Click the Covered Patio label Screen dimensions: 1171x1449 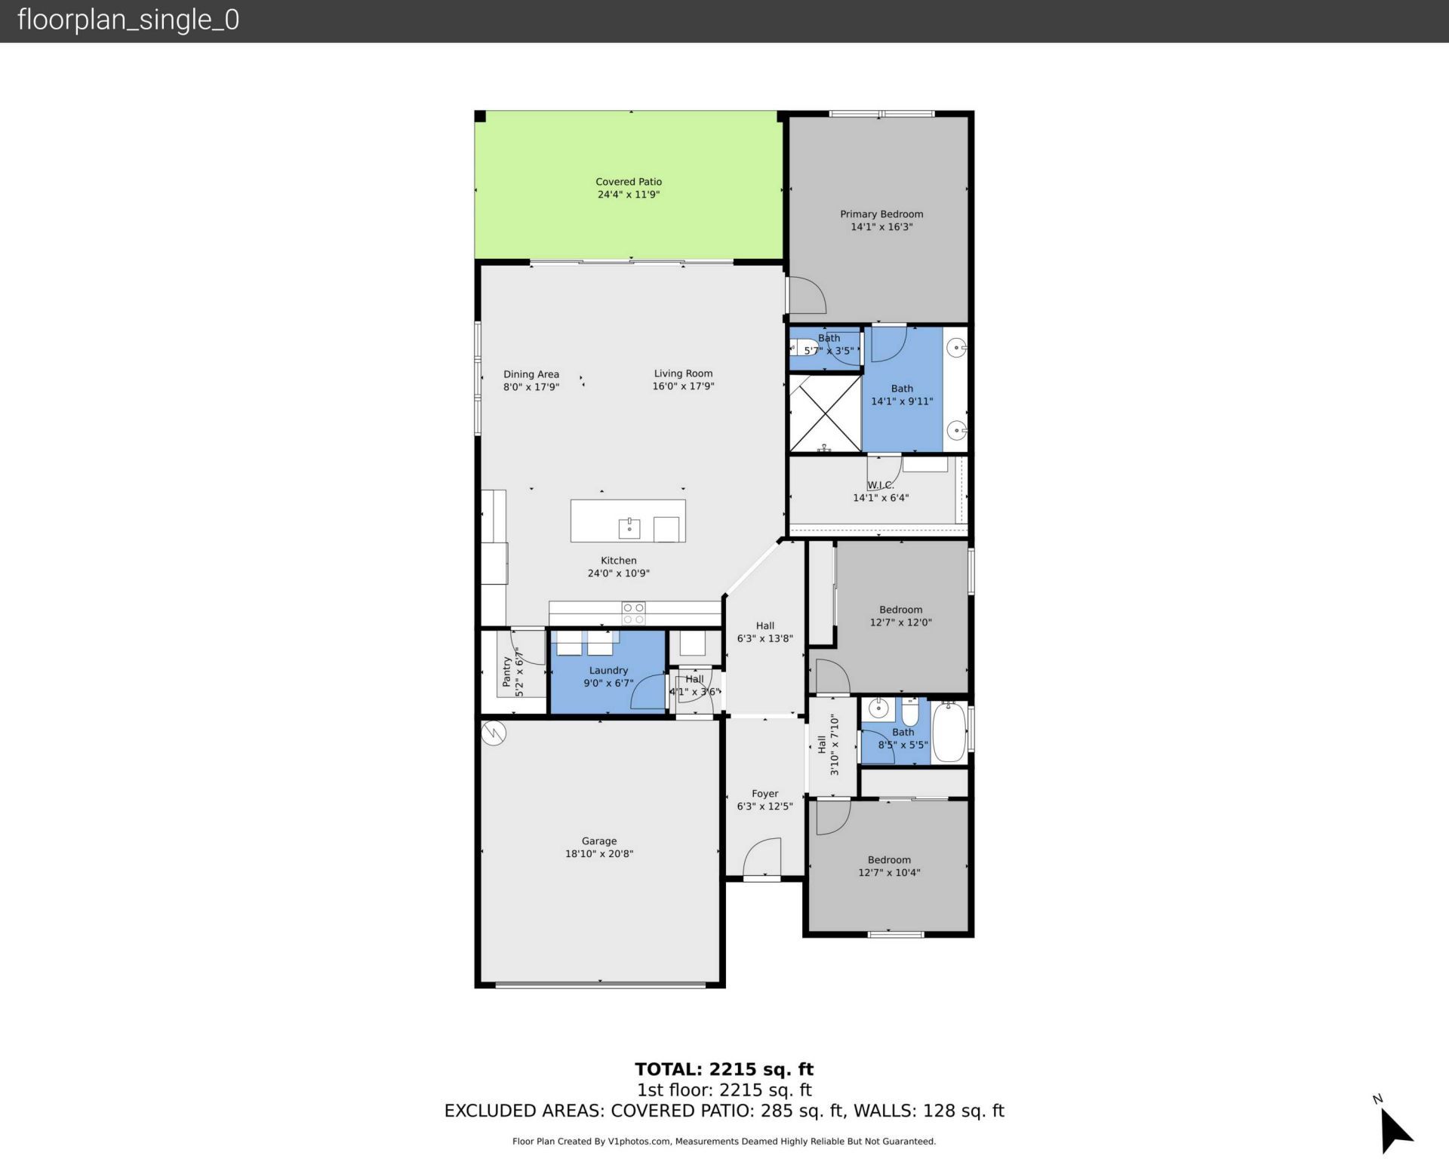tap(628, 182)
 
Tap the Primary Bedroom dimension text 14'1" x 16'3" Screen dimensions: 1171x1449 tap(881, 227)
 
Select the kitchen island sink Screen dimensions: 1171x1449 tap(629, 527)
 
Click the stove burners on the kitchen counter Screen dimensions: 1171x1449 tap(633, 613)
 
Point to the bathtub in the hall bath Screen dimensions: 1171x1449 tap(949, 733)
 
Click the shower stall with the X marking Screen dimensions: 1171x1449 tap(825, 413)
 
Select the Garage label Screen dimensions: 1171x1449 tap(599, 841)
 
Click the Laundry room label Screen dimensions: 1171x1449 tap(608, 671)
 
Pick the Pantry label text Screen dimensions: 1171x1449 tap(507, 671)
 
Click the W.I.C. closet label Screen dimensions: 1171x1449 tap(880, 485)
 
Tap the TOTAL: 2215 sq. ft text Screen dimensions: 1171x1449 tap(724, 1069)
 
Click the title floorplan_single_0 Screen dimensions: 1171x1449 tap(128, 20)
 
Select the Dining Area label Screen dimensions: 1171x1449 tap(531, 374)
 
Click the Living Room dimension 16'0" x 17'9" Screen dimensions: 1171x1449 tap(683, 386)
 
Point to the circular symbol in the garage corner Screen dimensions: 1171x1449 tap(493, 732)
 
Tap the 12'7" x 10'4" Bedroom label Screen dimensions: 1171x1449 tap(889, 860)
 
